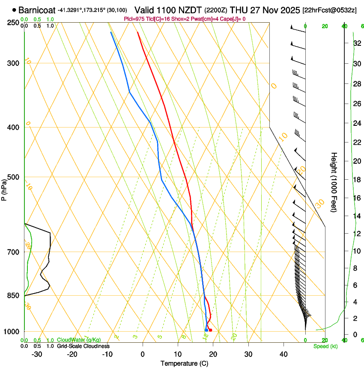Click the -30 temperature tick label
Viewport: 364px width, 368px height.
tap(37, 354)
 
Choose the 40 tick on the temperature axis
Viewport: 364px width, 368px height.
tap(283, 354)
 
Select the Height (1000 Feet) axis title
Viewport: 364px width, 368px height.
tap(334, 182)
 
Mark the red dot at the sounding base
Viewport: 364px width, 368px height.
tap(210, 330)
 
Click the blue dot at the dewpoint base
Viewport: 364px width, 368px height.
tap(206, 330)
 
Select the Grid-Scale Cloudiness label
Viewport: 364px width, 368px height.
tap(83, 346)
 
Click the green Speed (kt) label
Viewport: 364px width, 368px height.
tap(325, 346)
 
